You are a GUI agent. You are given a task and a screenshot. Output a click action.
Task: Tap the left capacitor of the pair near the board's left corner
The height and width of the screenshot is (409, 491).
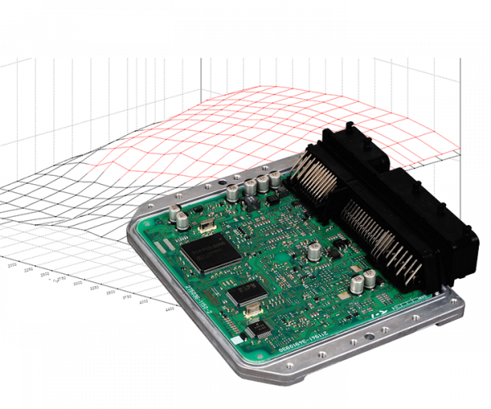pyautogui.click(x=176, y=216)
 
